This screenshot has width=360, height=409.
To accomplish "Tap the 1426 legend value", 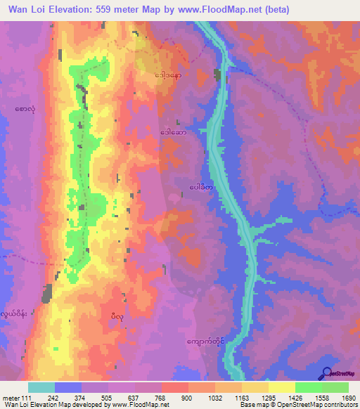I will pyautogui.click(x=295, y=396).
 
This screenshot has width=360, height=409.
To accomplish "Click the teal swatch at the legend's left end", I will pyautogui.click(x=41, y=387).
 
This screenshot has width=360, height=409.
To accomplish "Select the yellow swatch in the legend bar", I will pyautogui.click(x=282, y=387).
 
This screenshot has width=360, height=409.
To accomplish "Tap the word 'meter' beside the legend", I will pyautogui.click(x=11, y=396).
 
